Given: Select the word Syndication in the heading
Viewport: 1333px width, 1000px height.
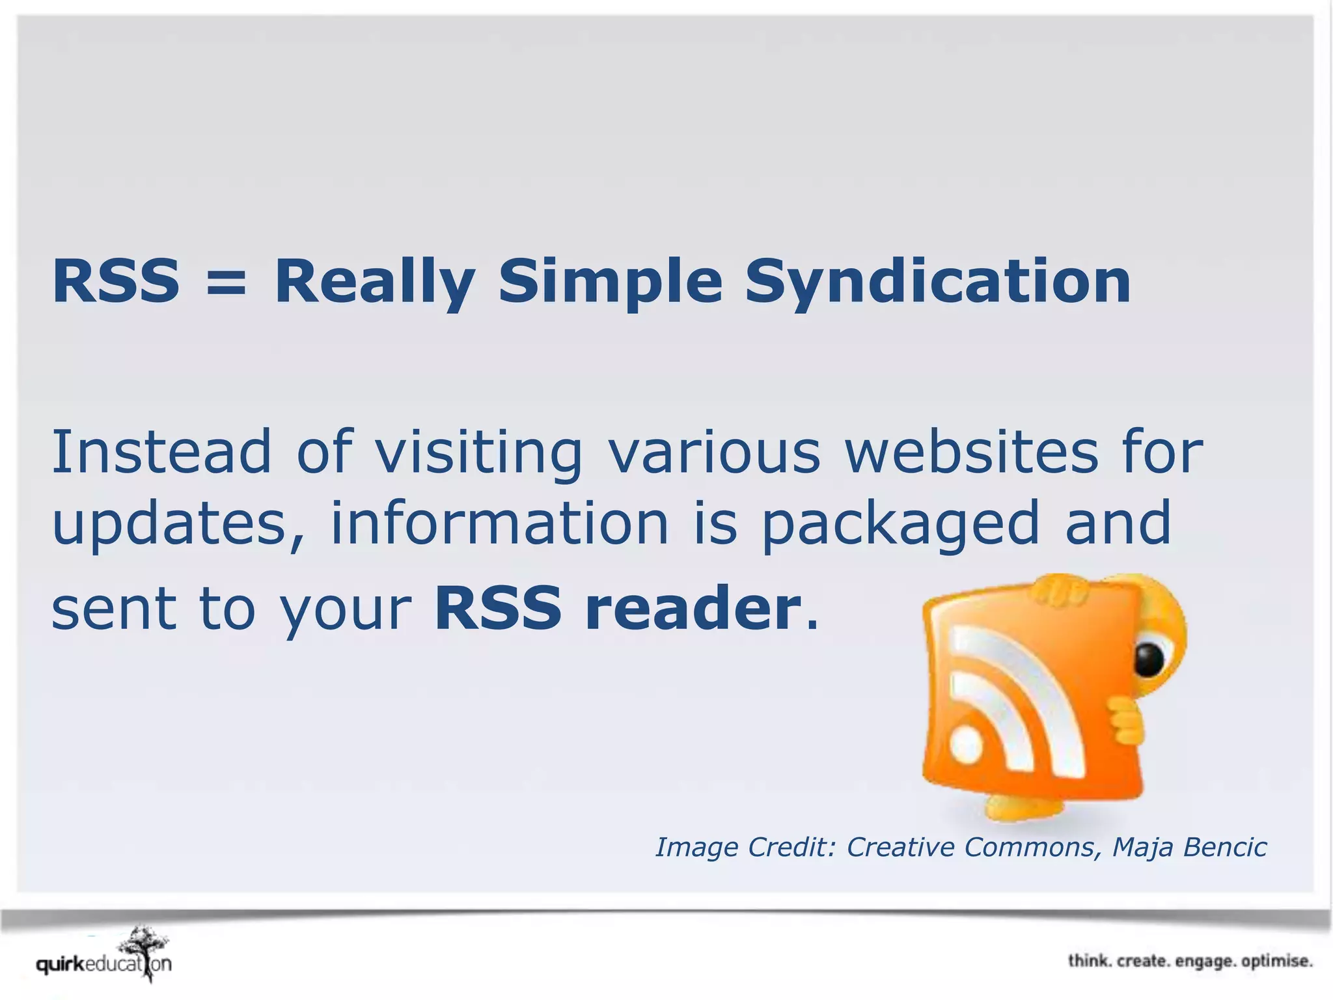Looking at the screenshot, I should pyautogui.click(x=937, y=281).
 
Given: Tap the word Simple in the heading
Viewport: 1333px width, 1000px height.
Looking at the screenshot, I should pyautogui.click(x=611, y=281).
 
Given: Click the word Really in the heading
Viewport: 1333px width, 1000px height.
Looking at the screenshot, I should pyautogui.click(x=374, y=281).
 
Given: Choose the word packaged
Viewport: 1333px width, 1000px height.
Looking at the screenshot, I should pyautogui.click(x=901, y=524).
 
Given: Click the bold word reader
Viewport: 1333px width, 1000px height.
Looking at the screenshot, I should pyautogui.click(x=693, y=608).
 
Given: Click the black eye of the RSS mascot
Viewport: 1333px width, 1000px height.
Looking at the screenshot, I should pyautogui.click(x=1149, y=660).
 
